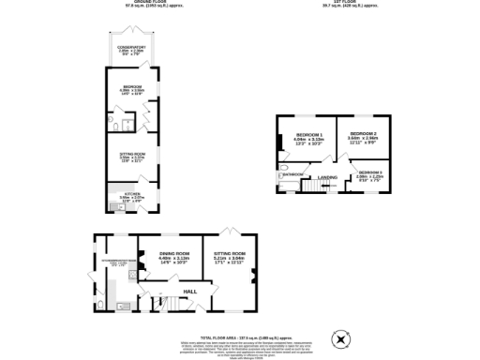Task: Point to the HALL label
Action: [x=189, y=292]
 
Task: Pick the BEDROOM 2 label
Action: [x=363, y=135]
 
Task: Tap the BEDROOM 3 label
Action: [x=369, y=172]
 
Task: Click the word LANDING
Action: [x=327, y=176]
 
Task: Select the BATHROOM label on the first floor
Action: [x=292, y=174]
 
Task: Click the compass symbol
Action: [x=340, y=339]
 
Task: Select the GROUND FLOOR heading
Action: [x=142, y=3]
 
